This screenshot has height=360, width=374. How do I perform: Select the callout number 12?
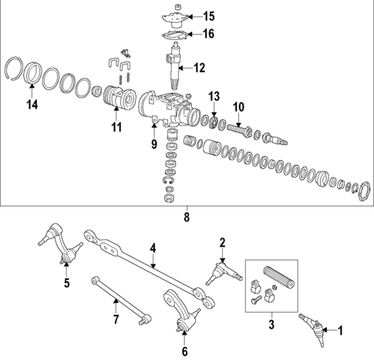[199, 68]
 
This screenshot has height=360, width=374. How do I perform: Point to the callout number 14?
[32, 104]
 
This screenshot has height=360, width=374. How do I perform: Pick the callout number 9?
[153, 144]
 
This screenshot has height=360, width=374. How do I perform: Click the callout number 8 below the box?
[186, 218]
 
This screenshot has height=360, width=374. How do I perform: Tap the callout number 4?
[153, 248]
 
